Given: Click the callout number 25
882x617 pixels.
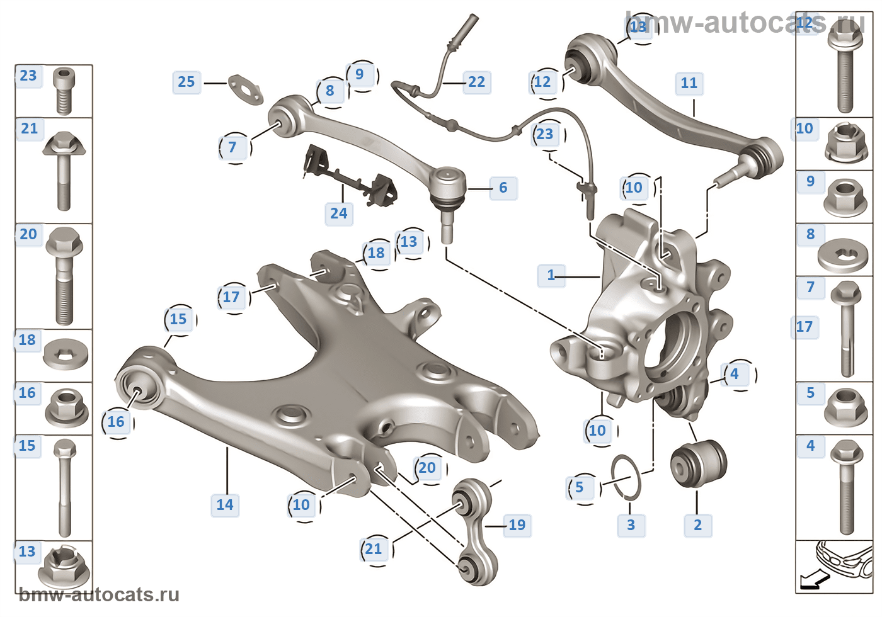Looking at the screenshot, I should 186,82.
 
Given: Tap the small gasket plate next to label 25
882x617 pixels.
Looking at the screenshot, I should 245,89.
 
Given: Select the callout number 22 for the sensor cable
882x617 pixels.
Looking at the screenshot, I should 477,82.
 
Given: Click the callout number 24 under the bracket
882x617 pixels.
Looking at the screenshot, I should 339,214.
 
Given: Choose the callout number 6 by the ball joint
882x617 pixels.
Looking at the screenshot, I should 503,188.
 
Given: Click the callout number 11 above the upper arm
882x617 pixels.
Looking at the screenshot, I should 689,84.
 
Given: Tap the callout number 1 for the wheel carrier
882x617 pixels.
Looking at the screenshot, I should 551,276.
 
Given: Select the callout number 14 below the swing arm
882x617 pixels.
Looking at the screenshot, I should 225,505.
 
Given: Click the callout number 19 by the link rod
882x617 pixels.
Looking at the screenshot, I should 517,526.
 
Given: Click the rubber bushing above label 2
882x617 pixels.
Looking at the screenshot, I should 698,463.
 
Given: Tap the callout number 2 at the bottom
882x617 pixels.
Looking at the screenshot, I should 698,526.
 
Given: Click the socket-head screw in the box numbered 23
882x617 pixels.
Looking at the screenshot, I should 64,91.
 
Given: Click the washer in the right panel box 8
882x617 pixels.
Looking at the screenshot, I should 842,256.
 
